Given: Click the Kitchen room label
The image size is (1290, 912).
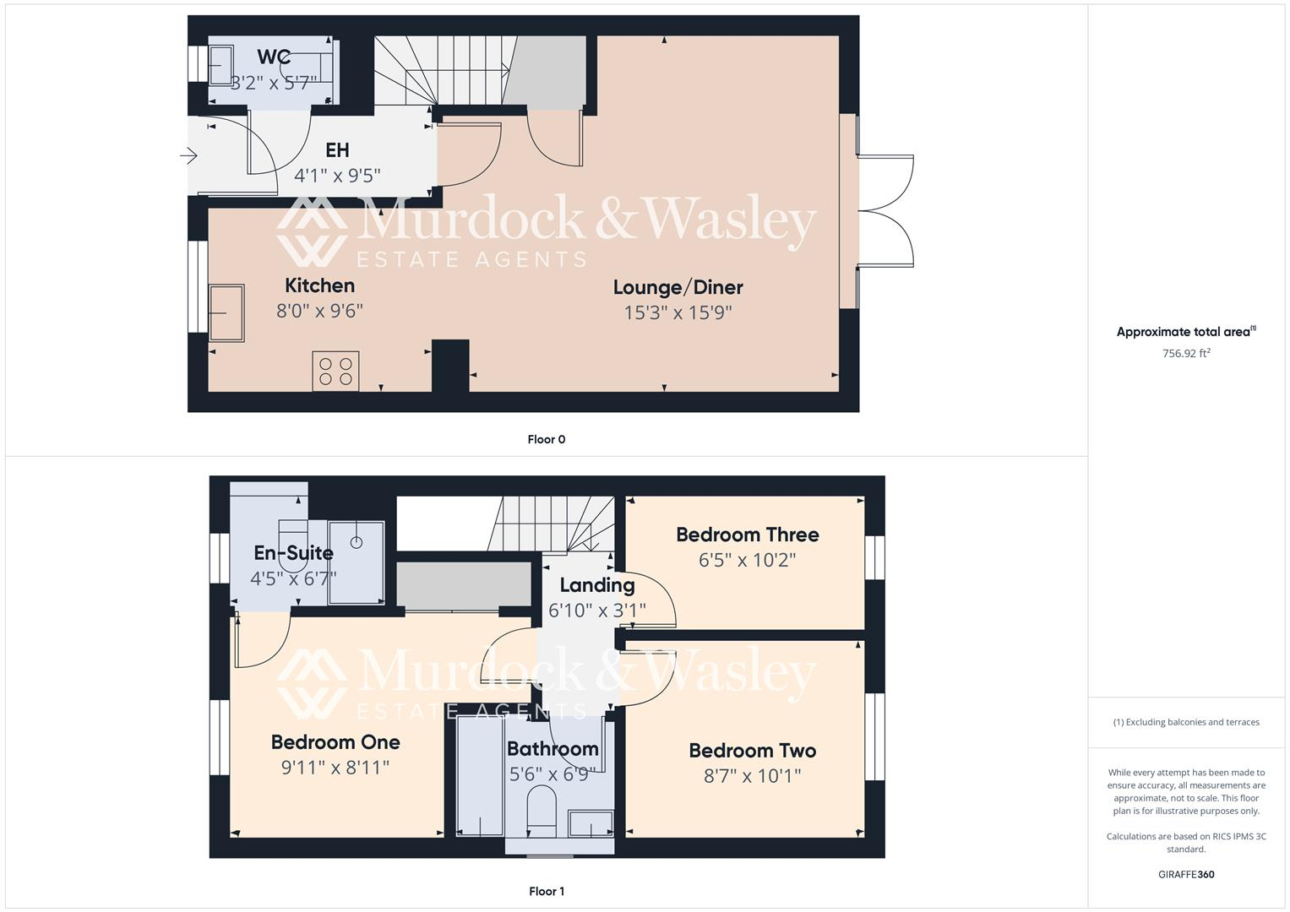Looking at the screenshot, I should (319, 285).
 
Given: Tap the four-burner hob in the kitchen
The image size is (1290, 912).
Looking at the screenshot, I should (335, 372).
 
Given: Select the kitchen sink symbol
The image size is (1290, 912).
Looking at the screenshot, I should (226, 313).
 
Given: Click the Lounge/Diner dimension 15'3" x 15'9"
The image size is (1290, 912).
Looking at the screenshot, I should (678, 312).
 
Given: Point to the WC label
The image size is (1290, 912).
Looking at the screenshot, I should (274, 57).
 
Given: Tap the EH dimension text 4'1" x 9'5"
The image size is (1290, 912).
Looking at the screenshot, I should (337, 176).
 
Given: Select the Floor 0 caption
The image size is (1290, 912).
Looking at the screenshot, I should (546, 439).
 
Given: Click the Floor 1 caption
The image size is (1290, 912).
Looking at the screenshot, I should (546, 891).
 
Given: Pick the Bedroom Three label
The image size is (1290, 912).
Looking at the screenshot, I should (747, 535).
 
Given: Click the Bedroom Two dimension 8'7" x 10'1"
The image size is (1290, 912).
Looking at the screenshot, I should (752, 775).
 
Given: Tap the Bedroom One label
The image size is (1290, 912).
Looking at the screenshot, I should (335, 742).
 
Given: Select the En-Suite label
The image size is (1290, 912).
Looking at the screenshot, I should (293, 553).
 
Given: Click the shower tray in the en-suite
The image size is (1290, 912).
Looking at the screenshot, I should (357, 562).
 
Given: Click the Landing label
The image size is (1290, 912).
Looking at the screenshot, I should (596, 584).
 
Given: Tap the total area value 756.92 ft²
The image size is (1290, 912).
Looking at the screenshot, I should (1186, 354).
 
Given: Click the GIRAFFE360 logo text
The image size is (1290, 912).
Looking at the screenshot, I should (1186, 874).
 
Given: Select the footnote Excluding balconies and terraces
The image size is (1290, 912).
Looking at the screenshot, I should (1186, 722).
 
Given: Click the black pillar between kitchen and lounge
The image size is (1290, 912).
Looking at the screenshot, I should (450, 366).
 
